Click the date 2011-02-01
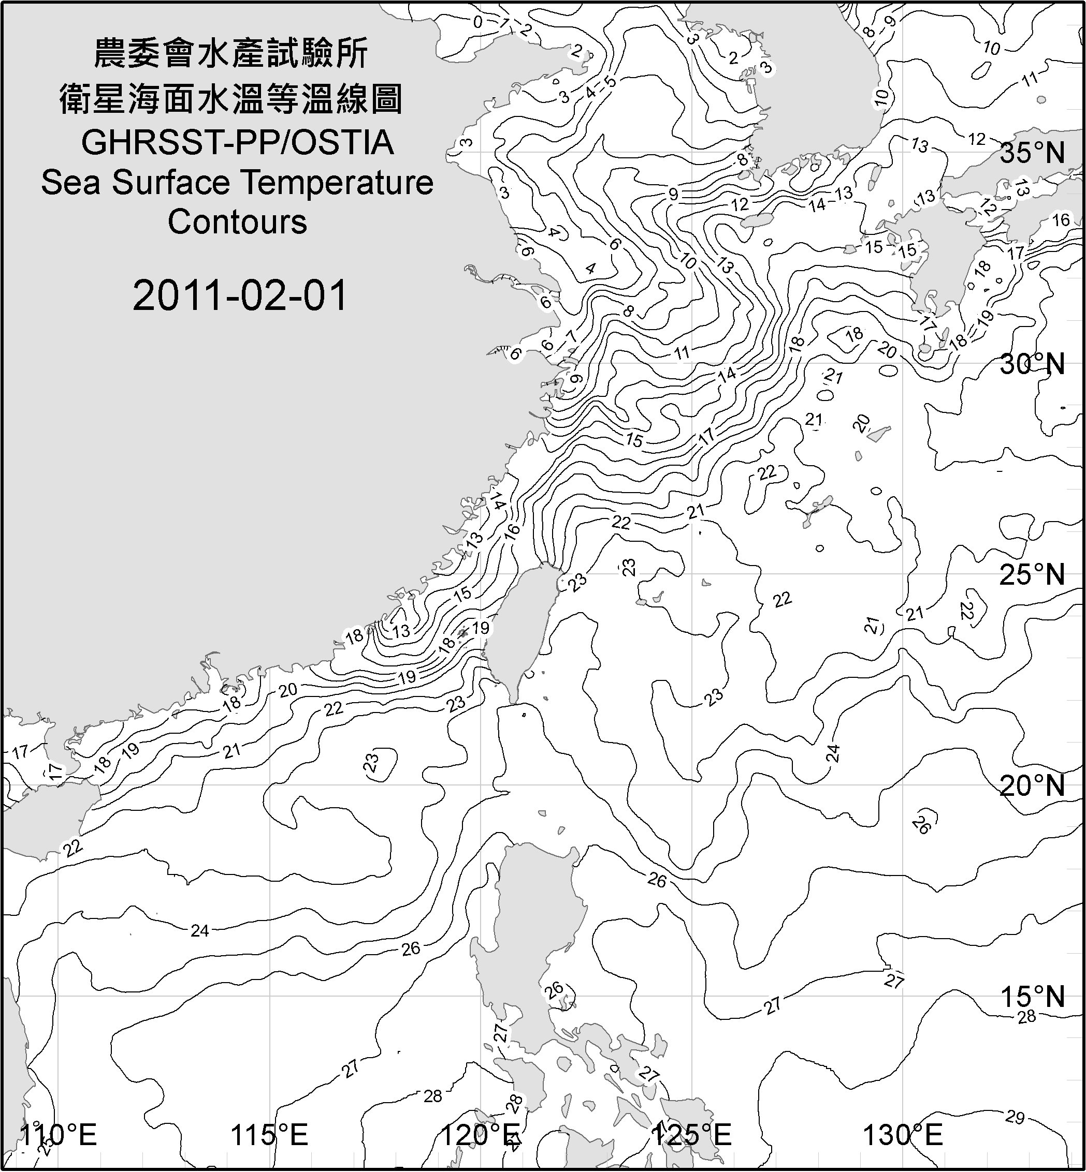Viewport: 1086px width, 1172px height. coord(240,295)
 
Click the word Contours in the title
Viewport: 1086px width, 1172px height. coord(237,222)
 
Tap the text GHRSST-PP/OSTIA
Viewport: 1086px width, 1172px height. coord(237,143)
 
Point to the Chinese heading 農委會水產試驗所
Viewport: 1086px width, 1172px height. coord(231,54)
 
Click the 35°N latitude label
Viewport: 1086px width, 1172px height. coord(1032,153)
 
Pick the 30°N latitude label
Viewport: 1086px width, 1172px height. coord(1032,365)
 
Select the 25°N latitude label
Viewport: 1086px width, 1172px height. coord(1032,574)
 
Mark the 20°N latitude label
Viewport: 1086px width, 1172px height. coord(1032,785)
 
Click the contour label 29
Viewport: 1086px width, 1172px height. coord(1015,1117)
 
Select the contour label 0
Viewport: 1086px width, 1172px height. coord(478,22)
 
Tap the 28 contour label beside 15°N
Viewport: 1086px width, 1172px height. coord(1026,1017)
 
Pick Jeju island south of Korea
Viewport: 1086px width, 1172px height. coord(755,221)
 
